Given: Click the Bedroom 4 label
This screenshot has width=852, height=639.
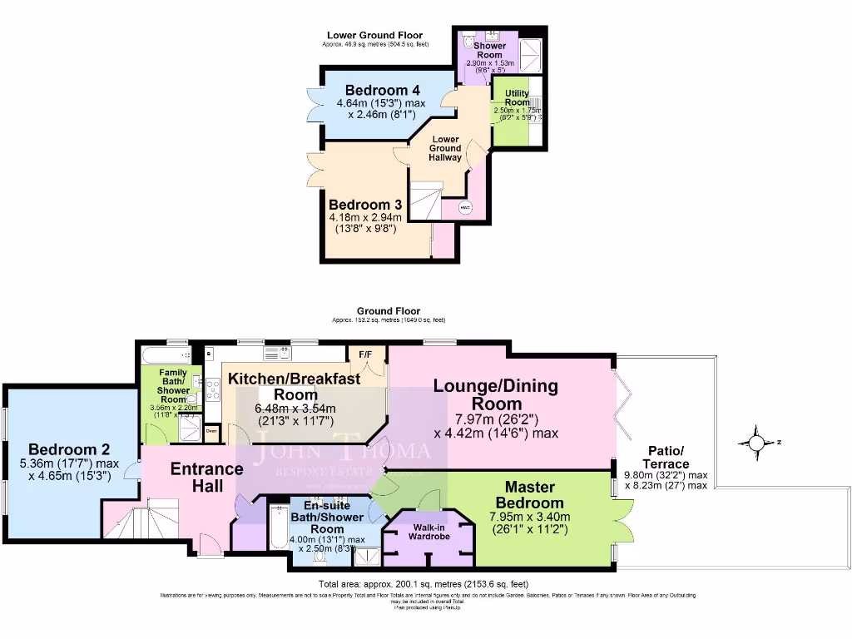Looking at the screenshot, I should (x=382, y=90).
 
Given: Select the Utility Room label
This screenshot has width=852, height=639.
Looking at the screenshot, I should (x=517, y=97).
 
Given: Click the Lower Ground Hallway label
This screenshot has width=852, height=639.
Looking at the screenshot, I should (x=445, y=148).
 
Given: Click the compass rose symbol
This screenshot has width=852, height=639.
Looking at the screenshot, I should (x=756, y=442).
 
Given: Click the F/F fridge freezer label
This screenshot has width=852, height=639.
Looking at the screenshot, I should (x=365, y=354).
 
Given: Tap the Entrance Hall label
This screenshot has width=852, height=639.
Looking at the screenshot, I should (x=207, y=478).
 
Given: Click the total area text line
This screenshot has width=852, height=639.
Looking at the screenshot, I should (x=423, y=584).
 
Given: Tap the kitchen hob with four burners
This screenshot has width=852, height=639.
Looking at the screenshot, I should (x=211, y=389).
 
